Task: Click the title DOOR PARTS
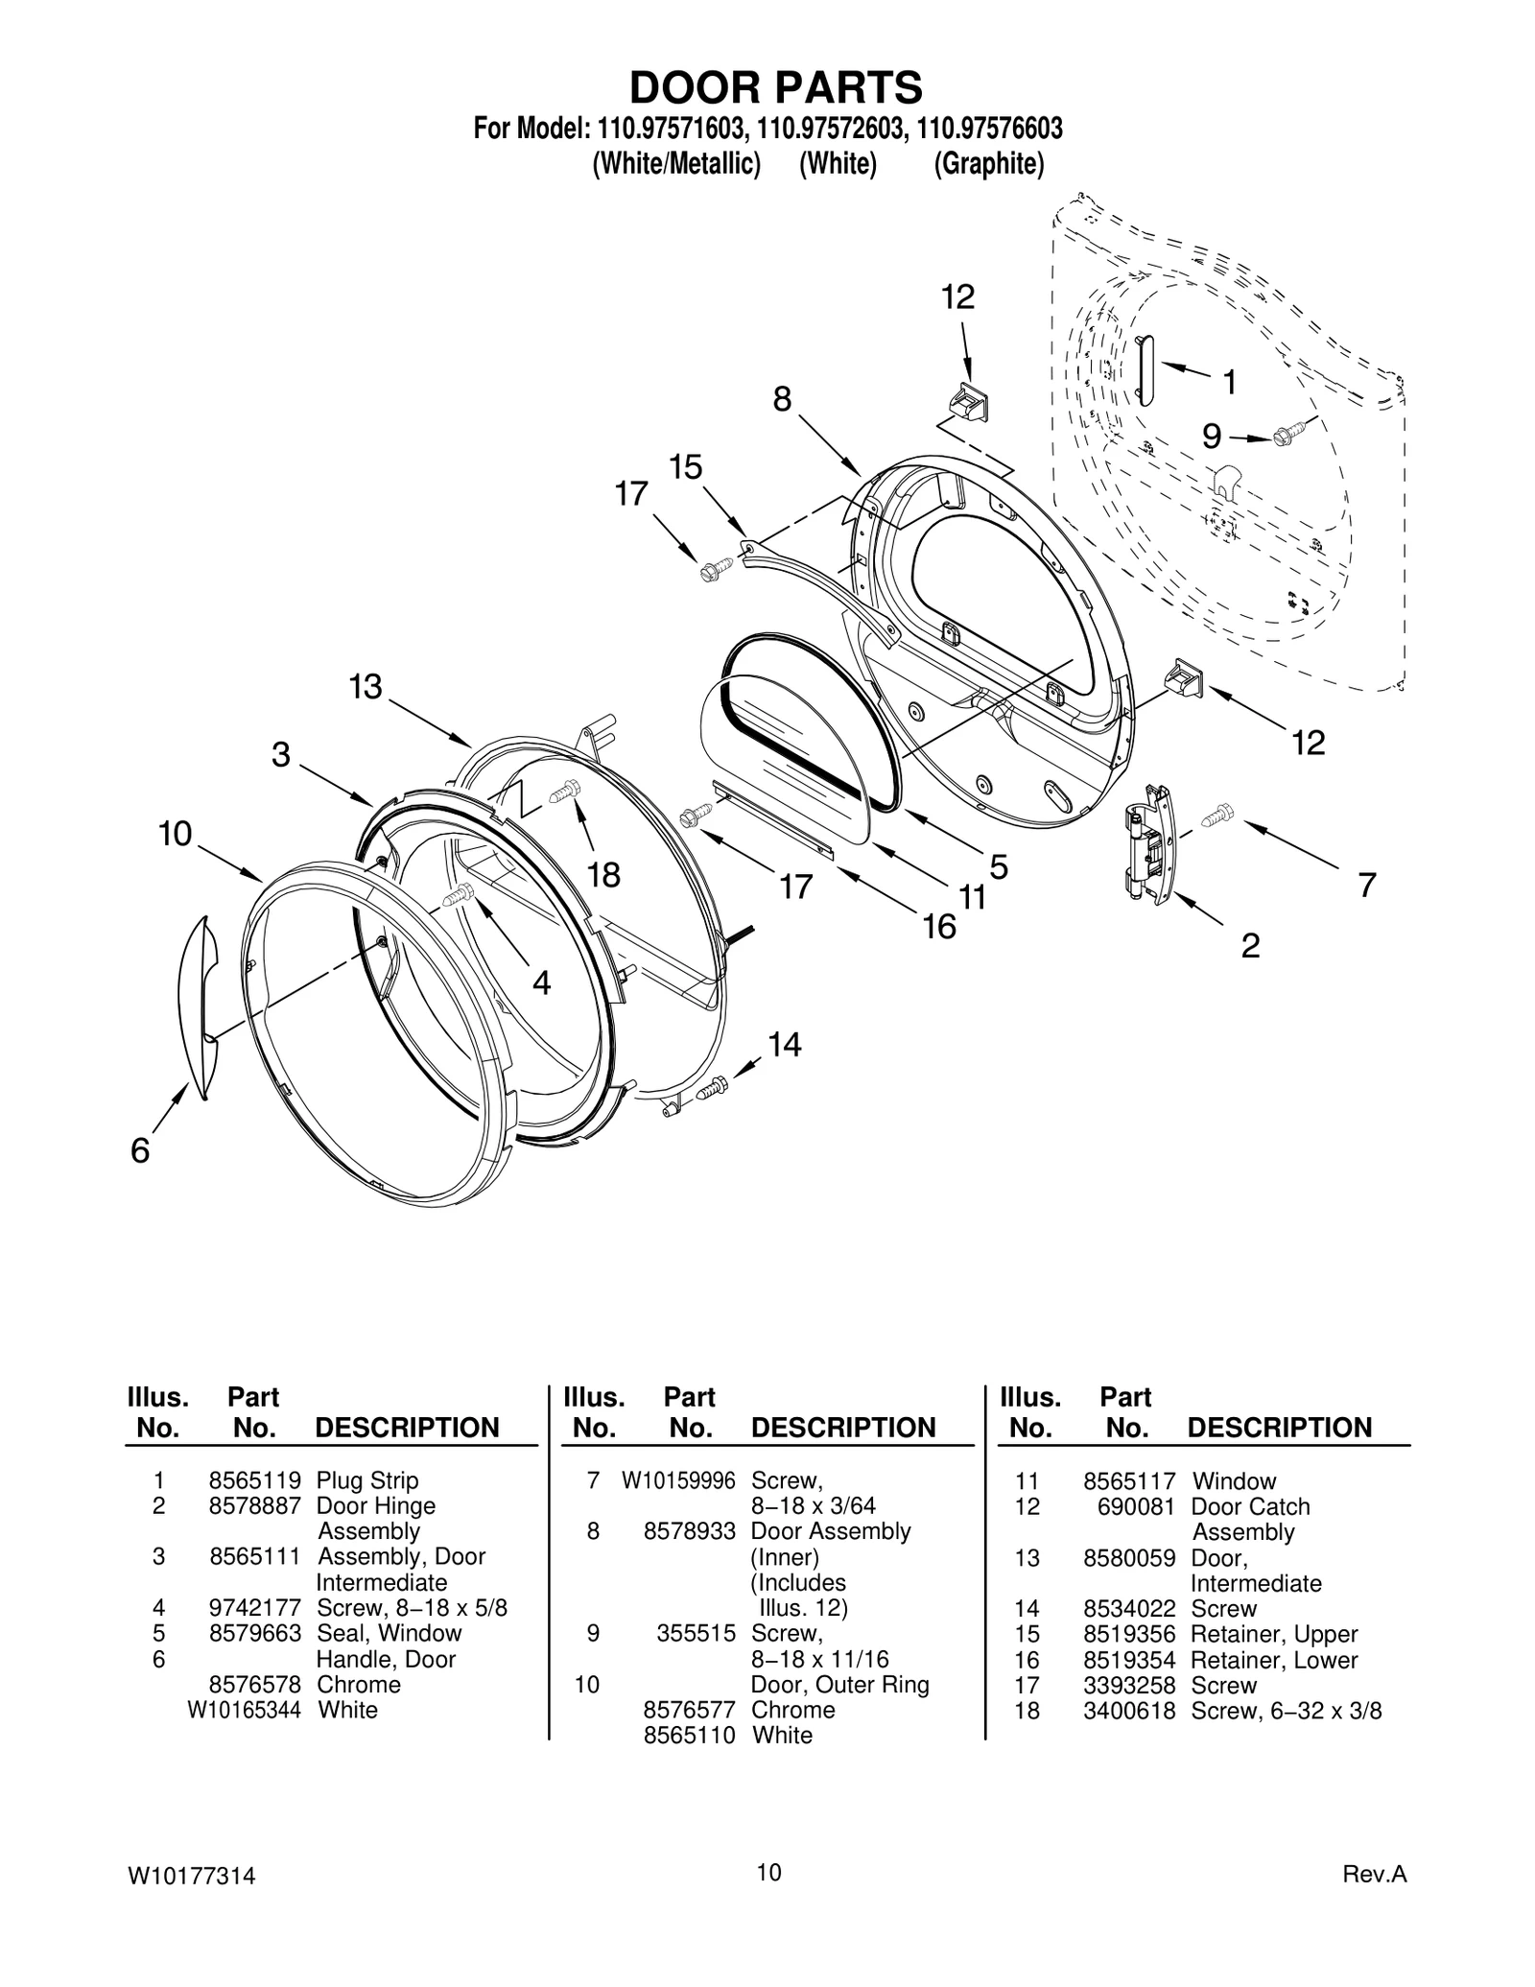point(775,87)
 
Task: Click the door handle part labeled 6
point(197,1007)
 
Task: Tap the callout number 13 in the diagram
point(366,687)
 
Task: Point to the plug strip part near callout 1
point(1145,370)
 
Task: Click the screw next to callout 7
point(1217,816)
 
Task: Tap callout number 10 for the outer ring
point(176,834)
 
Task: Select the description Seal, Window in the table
point(389,1633)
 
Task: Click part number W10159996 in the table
point(677,1480)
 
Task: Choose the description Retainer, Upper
point(1273,1634)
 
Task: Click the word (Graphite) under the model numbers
point(988,164)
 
